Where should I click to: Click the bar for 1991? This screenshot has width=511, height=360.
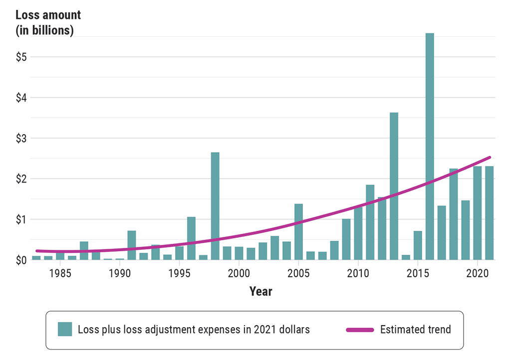(x=132, y=245)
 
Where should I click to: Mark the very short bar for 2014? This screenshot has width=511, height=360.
(x=406, y=257)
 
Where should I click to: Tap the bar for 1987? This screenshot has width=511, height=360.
(x=84, y=251)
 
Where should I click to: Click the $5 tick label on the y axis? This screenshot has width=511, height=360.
(x=20, y=57)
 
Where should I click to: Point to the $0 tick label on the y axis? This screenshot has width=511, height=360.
(x=20, y=260)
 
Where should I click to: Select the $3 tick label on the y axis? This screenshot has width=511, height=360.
(x=20, y=138)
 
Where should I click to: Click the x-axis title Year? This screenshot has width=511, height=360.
(x=261, y=291)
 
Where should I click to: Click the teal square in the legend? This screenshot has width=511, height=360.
(x=65, y=330)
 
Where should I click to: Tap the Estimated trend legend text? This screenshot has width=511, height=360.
(x=415, y=330)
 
